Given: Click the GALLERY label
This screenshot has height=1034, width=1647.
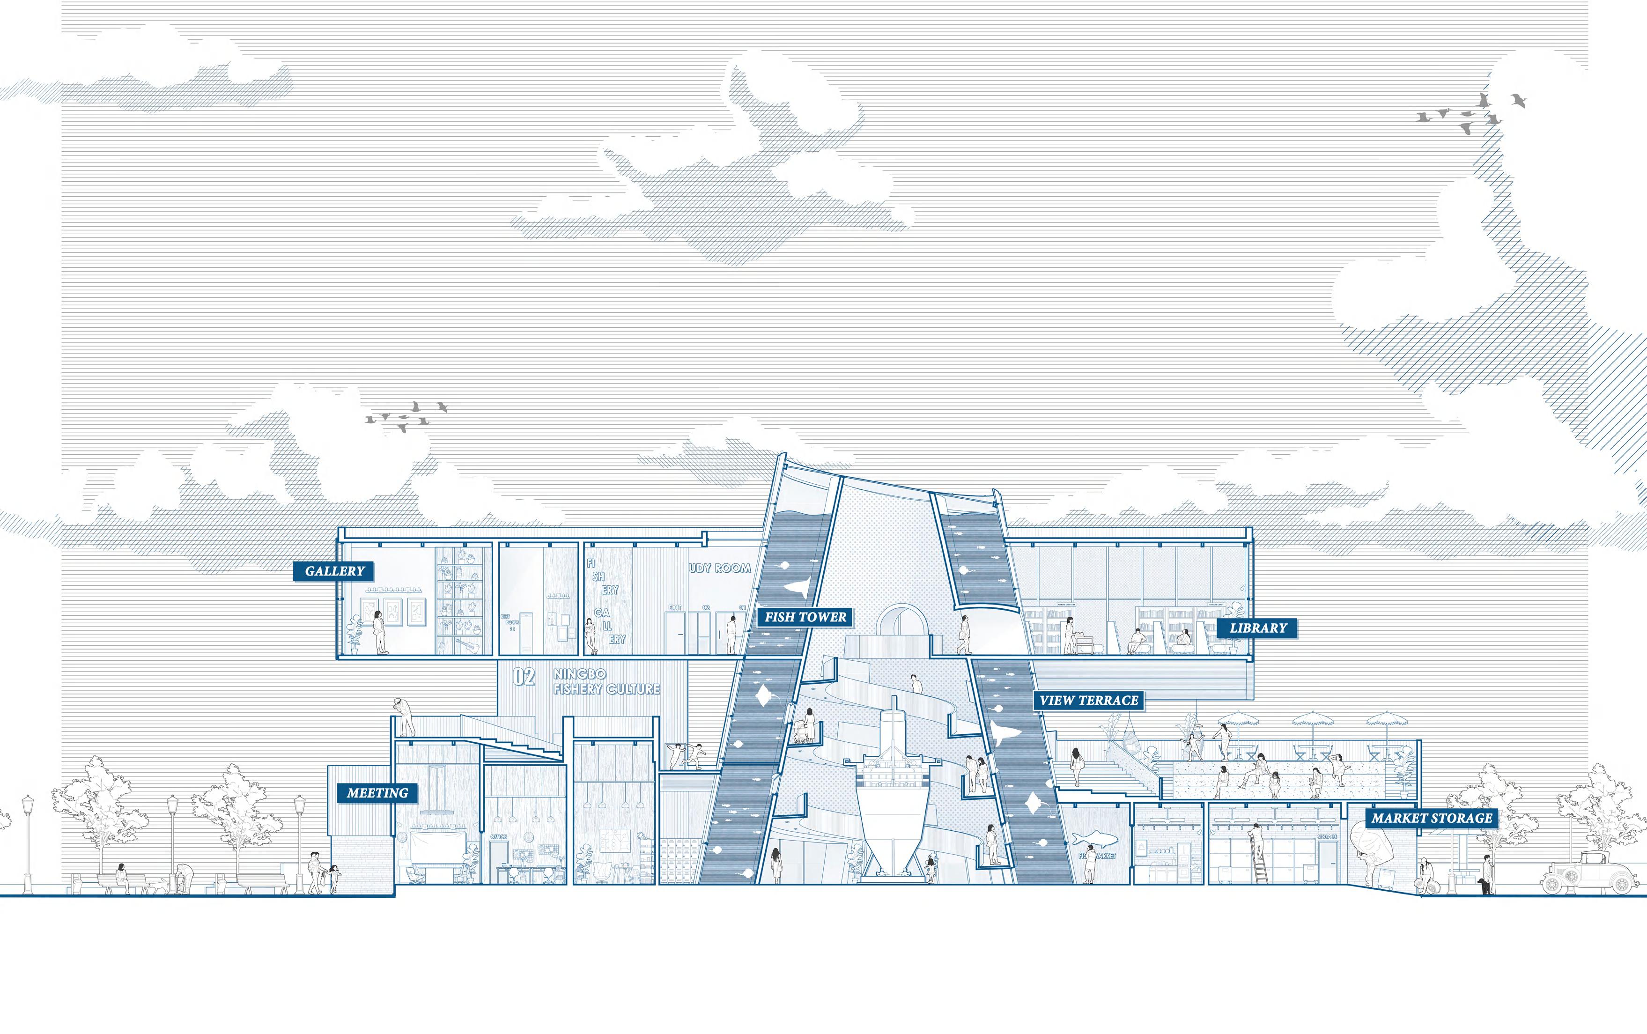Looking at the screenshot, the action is (334, 571).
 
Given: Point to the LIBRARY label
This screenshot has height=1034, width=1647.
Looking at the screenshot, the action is (1258, 628).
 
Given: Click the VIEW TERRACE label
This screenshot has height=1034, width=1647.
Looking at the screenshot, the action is (1088, 700).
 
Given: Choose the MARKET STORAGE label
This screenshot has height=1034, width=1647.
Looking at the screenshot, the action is (1432, 818).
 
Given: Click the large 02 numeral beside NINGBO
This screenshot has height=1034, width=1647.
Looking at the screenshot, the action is (524, 677).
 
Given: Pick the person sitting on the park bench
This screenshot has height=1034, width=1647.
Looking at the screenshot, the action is (122, 878).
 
